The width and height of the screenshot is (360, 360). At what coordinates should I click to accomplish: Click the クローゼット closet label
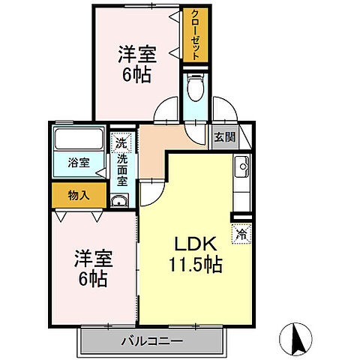point(194,35)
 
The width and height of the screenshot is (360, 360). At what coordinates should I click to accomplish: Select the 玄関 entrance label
point(223,136)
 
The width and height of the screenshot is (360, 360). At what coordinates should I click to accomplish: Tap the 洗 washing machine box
point(121,140)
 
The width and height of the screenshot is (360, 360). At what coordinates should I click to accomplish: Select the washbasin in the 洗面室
point(119,199)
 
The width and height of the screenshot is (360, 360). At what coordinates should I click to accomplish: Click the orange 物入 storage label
point(79,195)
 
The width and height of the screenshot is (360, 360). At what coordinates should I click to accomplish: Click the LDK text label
point(196,244)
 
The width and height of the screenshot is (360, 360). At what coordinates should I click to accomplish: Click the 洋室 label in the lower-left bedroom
point(92,259)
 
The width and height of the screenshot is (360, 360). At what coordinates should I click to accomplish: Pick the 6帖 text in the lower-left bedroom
point(92,280)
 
